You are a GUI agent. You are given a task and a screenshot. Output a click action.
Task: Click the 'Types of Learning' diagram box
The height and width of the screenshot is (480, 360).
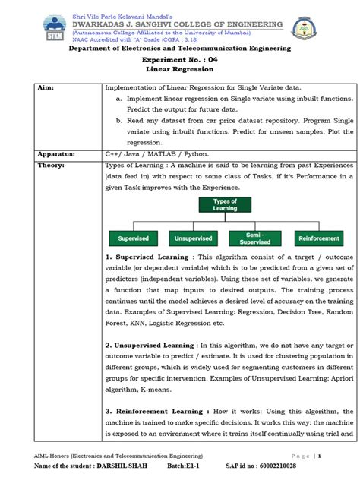tap(225, 205)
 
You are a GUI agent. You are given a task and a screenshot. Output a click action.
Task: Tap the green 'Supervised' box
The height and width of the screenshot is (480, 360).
tap(133, 238)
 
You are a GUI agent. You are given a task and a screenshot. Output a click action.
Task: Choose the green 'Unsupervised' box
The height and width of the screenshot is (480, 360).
tap(193, 238)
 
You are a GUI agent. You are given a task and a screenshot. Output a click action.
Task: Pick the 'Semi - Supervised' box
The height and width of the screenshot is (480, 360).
tap(255, 238)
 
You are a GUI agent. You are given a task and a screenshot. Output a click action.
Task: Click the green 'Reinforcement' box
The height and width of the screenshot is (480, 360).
tap(317, 238)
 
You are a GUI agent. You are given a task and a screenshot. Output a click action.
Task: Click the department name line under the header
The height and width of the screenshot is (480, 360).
tap(180, 48)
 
